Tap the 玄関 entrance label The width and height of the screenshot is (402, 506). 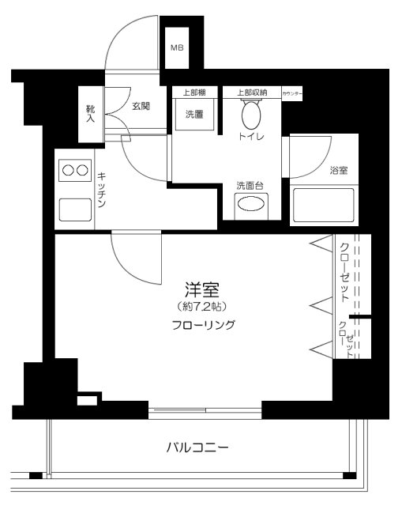point(141,106)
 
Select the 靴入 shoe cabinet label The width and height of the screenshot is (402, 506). point(91,115)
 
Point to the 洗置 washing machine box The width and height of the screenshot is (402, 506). point(193,114)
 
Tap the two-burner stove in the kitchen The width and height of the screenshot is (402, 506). point(74,169)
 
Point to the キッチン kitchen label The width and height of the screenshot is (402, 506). point(102,190)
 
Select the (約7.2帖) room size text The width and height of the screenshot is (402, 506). point(201,306)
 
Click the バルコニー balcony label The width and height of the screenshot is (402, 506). point(197,447)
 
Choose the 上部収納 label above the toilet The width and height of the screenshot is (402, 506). point(252,93)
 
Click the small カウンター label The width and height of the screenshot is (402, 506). point(291,93)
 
